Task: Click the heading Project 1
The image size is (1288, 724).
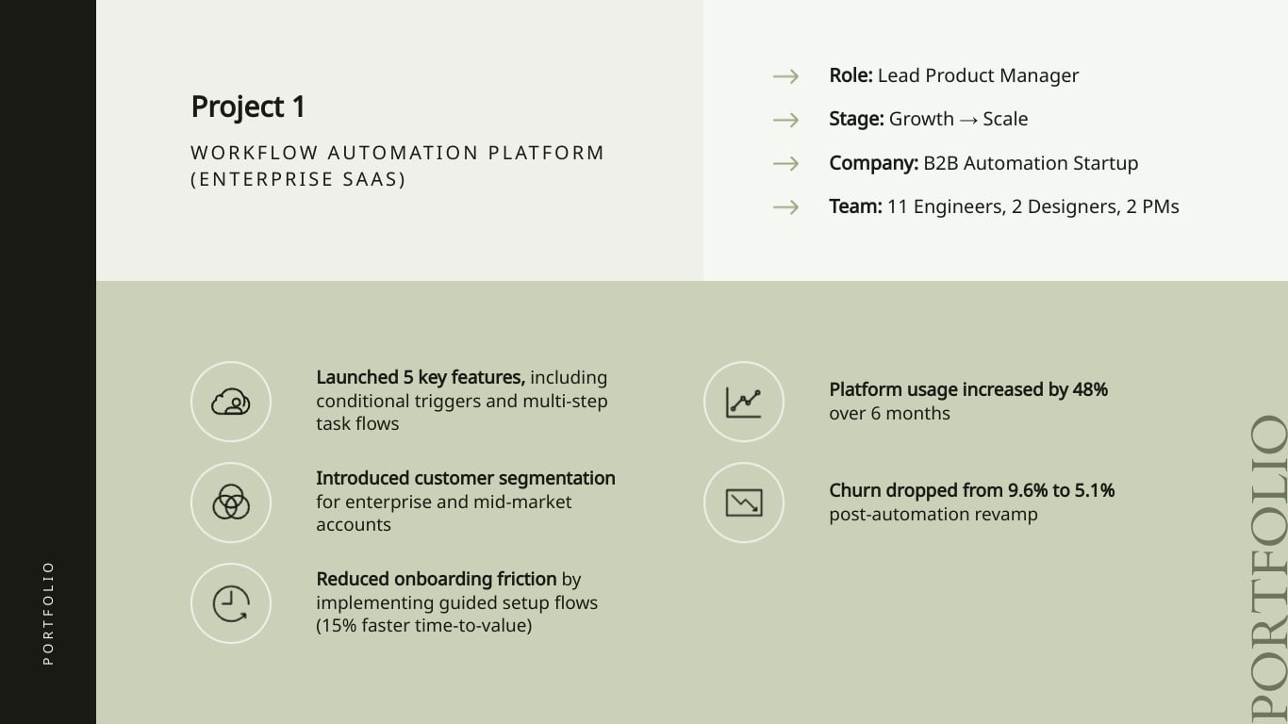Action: coord(248,107)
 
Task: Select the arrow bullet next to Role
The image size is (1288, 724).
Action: coord(786,76)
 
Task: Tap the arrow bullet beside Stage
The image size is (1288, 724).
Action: coord(786,120)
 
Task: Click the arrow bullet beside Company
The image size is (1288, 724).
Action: coord(786,164)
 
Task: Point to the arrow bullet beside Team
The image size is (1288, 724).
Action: coord(786,207)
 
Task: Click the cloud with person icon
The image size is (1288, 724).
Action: coord(231,402)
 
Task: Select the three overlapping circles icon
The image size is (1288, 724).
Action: coord(231,502)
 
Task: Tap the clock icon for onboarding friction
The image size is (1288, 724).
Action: coord(231,603)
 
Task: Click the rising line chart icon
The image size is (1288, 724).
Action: coord(743,402)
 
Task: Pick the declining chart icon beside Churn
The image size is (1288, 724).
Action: coord(743,502)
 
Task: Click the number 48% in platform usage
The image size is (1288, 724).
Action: coord(1090,390)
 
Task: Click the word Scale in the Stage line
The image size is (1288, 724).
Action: coord(1005,119)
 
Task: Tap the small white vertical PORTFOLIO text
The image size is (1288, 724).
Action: coord(48,613)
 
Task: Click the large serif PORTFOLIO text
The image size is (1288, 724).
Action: coord(1268,568)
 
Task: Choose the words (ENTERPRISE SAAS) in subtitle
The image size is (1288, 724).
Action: coord(298,179)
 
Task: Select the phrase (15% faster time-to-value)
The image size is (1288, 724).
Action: coord(423,626)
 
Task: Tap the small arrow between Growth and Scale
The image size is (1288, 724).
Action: coord(968,120)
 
